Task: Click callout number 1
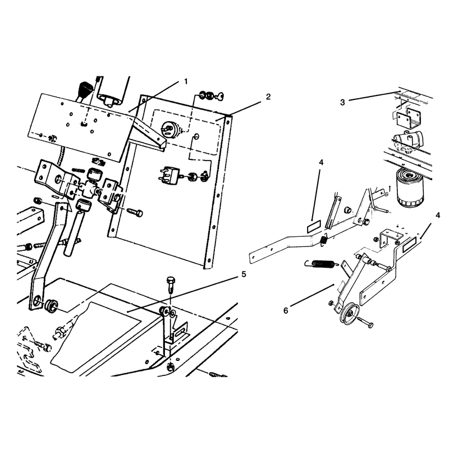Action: [186, 81]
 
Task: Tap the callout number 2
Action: [268, 97]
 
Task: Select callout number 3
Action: [342, 102]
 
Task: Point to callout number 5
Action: [244, 274]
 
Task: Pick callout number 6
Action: [286, 310]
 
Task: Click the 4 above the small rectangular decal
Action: [321, 162]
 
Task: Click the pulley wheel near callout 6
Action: [349, 314]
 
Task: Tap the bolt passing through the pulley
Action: [365, 322]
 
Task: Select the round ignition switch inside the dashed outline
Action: [170, 129]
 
